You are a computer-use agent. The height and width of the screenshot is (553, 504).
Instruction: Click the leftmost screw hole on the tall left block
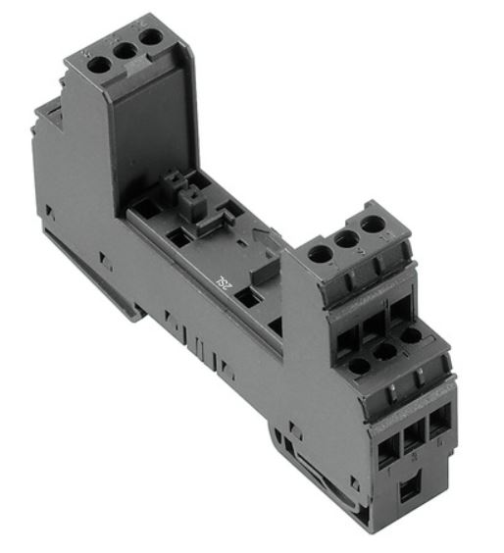point(99,66)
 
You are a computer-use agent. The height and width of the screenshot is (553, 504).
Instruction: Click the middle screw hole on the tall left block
point(124,52)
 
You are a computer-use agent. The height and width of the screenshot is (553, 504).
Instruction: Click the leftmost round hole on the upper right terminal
point(320,254)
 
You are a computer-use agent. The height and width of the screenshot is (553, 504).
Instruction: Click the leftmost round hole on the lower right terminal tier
point(359,367)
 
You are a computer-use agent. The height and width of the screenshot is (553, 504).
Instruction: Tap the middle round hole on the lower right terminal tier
point(385,351)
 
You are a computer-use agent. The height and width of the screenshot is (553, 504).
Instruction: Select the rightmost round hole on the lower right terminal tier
point(411,335)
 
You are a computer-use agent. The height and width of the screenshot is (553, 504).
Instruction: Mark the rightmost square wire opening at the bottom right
point(437,419)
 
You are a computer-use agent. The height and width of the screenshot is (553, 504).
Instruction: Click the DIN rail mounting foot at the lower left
point(118,294)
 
